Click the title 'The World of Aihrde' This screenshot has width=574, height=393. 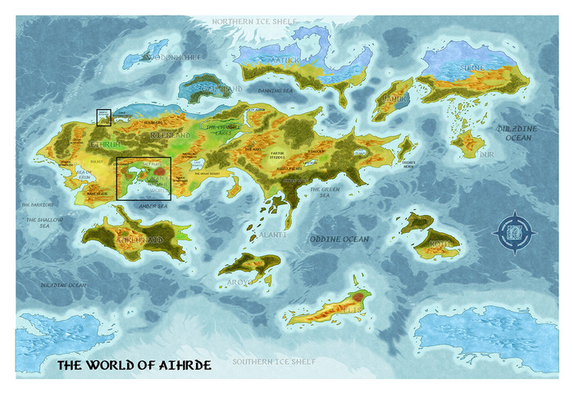(x=133, y=365)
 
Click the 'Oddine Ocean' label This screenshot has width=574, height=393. (x=339, y=239)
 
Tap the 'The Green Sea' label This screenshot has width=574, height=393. (x=324, y=191)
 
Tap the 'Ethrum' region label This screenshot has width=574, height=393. (x=104, y=144)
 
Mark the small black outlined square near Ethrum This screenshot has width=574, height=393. (x=104, y=117)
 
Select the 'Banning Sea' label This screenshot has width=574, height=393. (x=252, y=91)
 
